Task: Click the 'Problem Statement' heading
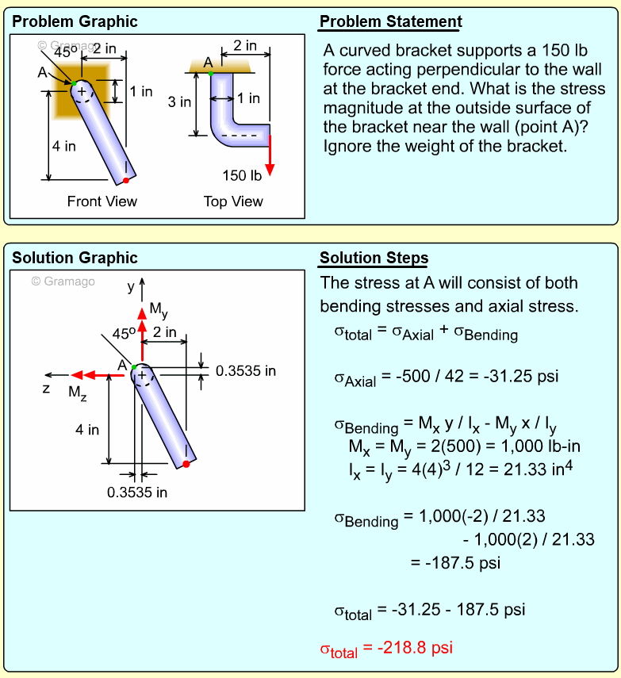[390, 21]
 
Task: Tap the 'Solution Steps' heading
[374, 258]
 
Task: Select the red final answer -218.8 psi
[386, 648]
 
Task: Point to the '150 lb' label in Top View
[242, 175]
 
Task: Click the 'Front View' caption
[102, 201]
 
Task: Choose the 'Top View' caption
[233, 201]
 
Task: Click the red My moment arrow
[142, 320]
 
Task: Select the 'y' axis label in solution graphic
[132, 286]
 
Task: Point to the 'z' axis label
[47, 389]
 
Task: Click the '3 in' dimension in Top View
[179, 102]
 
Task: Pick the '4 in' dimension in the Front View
[64, 146]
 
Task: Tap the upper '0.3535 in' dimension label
[246, 370]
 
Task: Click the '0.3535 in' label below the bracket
[137, 492]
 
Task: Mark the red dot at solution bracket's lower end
[186, 464]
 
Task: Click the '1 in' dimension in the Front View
[141, 91]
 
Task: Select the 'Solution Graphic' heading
[75, 258]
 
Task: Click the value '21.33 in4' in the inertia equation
[537, 469]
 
